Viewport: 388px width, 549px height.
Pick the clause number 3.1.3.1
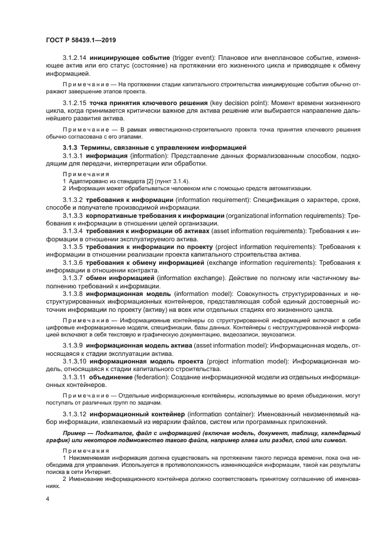pos(73,156)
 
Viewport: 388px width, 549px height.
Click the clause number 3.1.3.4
pos(73,231)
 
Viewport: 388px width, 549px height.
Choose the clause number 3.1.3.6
pos(73,262)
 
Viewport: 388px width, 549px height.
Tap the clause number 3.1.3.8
pos(73,292)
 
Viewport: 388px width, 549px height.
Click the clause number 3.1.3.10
pos(75,361)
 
